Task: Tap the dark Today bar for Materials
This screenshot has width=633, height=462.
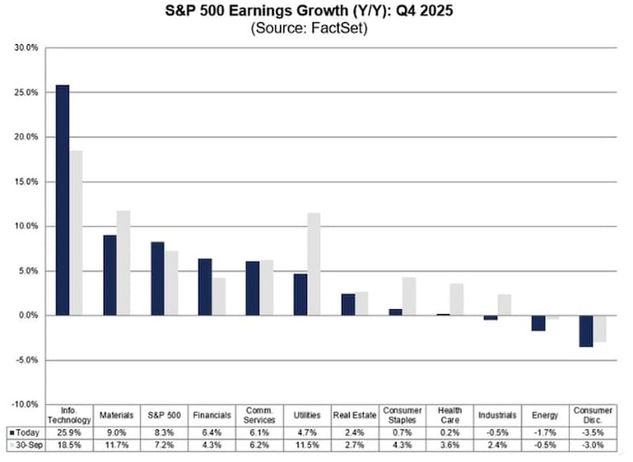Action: tap(109, 275)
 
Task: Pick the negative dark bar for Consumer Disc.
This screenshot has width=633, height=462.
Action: tap(586, 331)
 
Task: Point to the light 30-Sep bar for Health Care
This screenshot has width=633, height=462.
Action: tap(456, 299)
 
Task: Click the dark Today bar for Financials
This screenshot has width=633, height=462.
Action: tap(204, 286)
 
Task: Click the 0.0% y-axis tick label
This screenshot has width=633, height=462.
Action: tap(28, 316)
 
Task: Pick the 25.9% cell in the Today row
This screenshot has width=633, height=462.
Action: tap(69, 433)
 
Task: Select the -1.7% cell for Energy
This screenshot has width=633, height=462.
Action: tap(545, 433)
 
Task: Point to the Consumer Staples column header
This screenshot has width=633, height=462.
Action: tap(402, 415)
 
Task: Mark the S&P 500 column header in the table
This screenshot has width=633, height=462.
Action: tap(164, 415)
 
